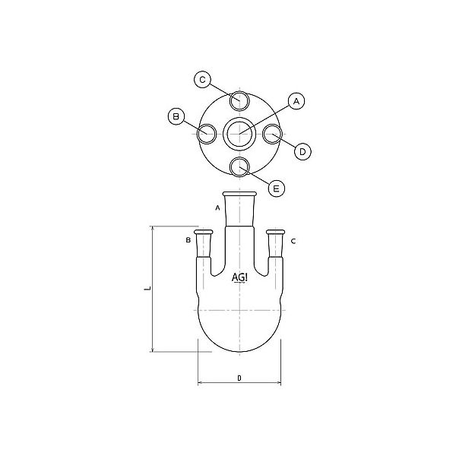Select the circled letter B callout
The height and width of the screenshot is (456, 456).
tap(176, 116)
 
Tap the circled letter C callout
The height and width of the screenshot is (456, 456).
tap(202, 78)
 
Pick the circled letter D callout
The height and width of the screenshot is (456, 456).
tap(302, 152)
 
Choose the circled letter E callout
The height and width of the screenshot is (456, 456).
tap(276, 188)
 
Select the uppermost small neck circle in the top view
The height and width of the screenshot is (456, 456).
tap(239, 100)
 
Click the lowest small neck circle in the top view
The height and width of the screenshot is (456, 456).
tap(239, 166)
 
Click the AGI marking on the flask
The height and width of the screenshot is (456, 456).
tap(239, 277)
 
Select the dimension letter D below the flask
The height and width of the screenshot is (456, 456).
tap(239, 378)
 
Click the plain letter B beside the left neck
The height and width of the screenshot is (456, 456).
tap(188, 241)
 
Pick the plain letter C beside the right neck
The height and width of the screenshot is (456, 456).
tap(293, 241)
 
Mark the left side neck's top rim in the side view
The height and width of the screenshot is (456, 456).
tap(202, 231)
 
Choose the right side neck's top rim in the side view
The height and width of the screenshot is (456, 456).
tap(276, 231)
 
